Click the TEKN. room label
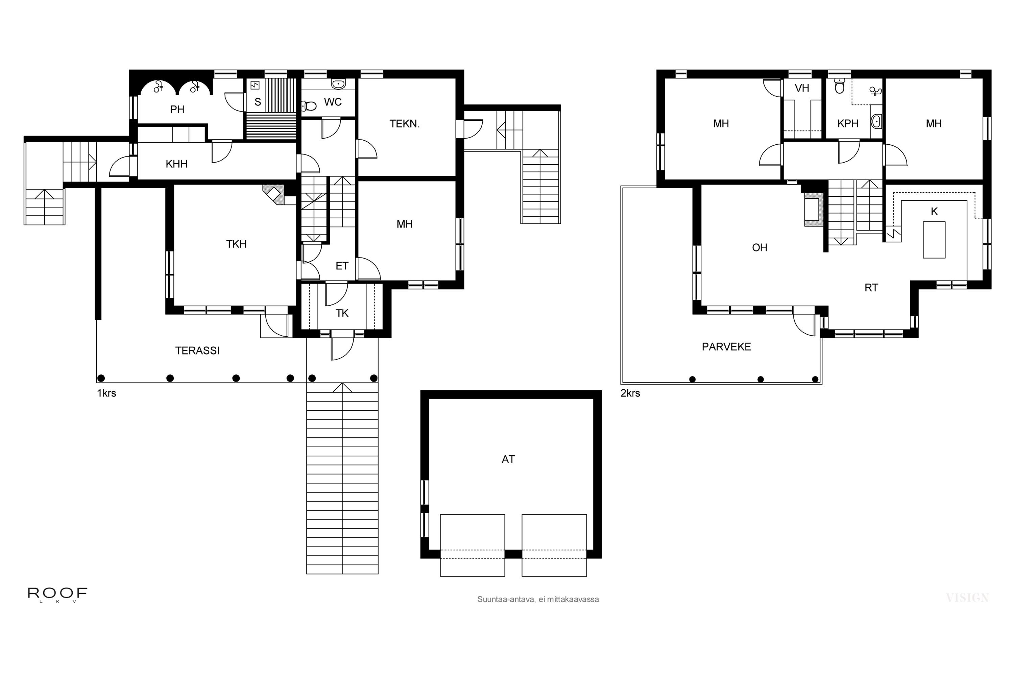[404, 124]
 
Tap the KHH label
[176, 164]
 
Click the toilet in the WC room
[309, 105]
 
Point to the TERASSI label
[197, 351]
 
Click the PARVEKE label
[726, 347]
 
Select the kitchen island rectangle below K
[934, 240]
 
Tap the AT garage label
[508, 459]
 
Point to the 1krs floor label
[106, 393]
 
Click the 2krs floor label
[630, 393]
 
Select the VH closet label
[801, 88]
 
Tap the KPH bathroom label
[848, 124]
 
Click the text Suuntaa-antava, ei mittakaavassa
[538, 599]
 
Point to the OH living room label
[759, 247]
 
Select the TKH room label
[236, 244]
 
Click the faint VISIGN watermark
[967, 598]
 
